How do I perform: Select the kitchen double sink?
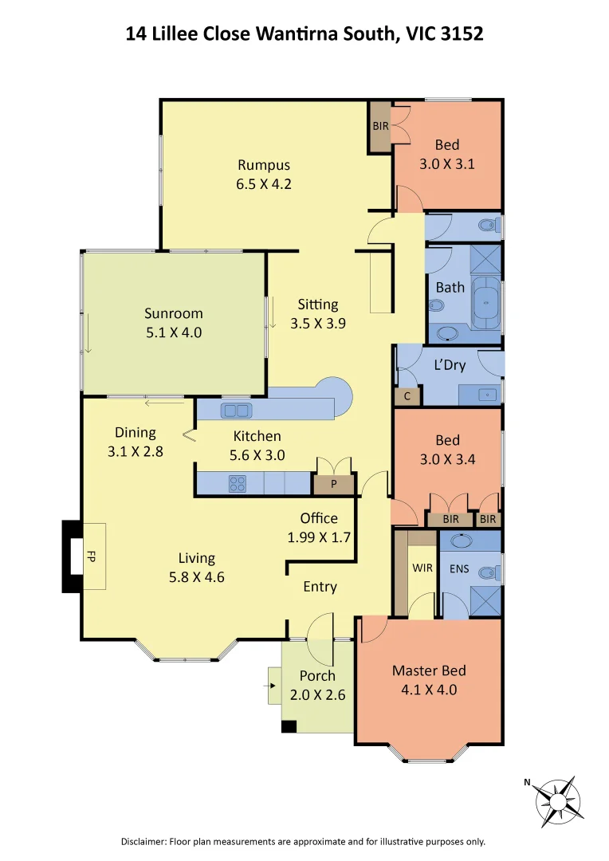coord(236,411)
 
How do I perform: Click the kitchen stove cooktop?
coord(238,482)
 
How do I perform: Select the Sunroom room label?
coord(173,313)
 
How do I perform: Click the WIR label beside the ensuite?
coord(422,569)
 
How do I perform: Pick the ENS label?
coord(459,569)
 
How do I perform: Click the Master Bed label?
coord(429,670)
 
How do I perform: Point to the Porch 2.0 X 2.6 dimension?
coord(317,694)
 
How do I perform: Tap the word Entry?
coord(320,587)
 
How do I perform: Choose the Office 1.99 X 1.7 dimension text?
coord(319,537)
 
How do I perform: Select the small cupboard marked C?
coord(407,395)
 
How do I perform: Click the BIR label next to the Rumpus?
coord(380,126)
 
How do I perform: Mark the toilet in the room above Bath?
coord(486,226)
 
